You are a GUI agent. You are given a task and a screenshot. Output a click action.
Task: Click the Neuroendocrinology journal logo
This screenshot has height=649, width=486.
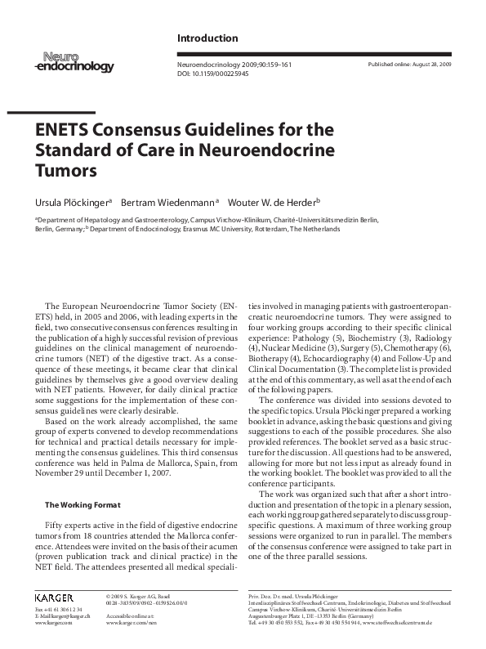(x=74, y=63)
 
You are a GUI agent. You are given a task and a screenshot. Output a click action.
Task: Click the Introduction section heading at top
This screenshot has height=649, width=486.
(x=207, y=38)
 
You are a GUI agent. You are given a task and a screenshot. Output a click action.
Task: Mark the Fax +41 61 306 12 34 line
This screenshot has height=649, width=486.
(x=60, y=610)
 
